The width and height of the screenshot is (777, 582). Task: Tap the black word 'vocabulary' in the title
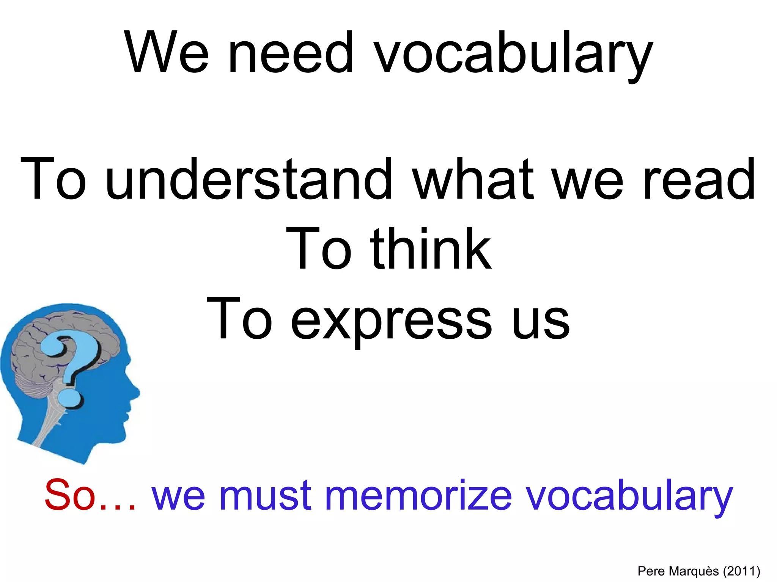(x=513, y=55)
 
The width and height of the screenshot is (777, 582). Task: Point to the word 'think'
(x=430, y=249)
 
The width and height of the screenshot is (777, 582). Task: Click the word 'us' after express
(x=540, y=322)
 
